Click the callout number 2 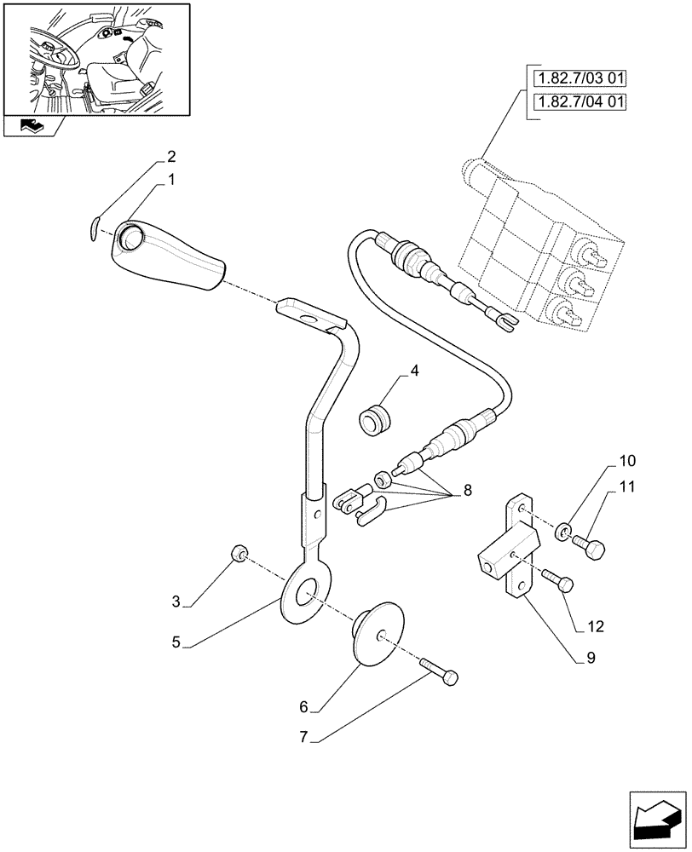point(171,157)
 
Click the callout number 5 point(176,642)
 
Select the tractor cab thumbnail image point(95,59)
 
